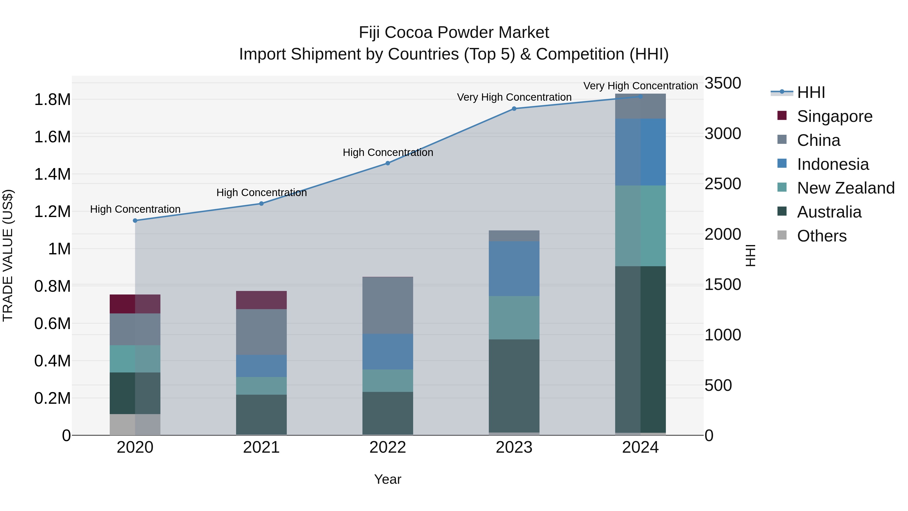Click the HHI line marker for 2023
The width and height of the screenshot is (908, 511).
[514, 109]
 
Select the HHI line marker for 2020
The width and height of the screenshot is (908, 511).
[135, 220]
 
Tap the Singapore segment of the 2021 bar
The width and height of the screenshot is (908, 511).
[261, 300]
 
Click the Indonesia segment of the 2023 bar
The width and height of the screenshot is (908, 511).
[514, 268]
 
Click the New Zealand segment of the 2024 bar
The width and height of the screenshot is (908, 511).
[640, 226]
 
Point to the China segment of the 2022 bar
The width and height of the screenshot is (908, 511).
[388, 305]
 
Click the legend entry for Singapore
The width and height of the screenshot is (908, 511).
[834, 116]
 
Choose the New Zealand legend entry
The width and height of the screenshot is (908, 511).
[845, 188]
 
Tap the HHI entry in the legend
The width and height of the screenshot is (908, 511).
[811, 92]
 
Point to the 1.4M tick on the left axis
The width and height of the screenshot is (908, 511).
[52, 174]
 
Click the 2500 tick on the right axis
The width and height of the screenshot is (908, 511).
[723, 184]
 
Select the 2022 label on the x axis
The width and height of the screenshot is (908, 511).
[388, 447]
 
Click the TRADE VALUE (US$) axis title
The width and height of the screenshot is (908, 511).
[8, 255]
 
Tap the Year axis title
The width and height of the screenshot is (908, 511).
[388, 479]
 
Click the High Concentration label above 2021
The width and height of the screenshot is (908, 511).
[262, 193]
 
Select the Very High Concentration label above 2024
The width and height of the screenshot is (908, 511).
[640, 86]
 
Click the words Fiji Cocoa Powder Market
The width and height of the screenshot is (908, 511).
[454, 33]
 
